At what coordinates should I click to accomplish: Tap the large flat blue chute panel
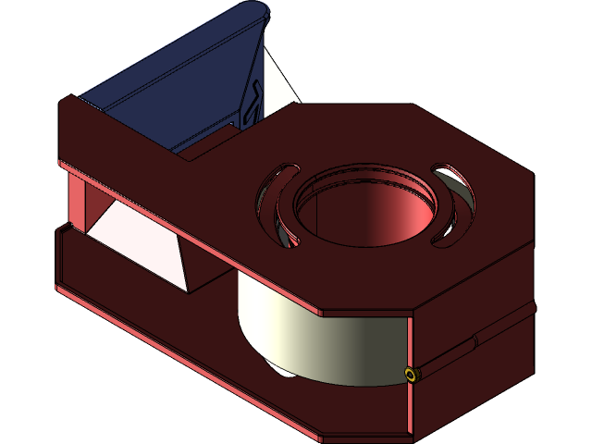(176, 83)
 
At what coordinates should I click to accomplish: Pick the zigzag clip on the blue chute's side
(252, 102)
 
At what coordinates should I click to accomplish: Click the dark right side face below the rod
(481, 379)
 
